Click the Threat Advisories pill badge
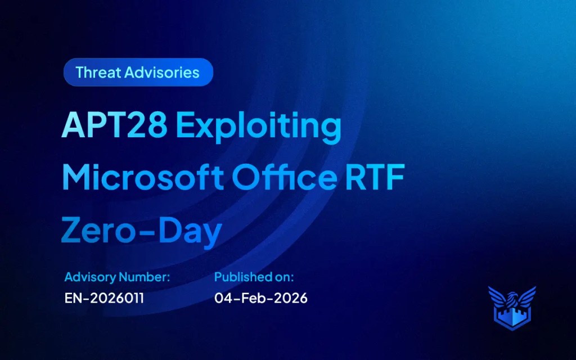[138, 73]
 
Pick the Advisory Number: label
[117, 277]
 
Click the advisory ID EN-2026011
[104, 298]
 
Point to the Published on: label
[254, 277]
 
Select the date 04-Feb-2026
[261, 298]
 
